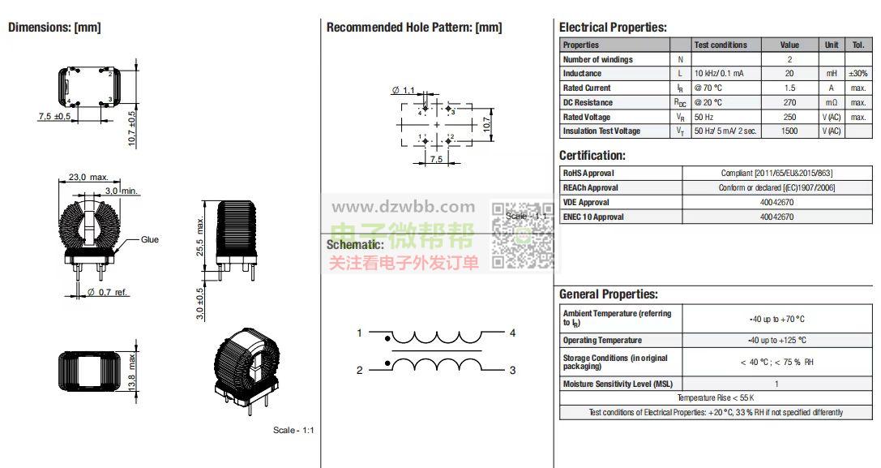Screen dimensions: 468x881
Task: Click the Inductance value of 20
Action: click(789, 74)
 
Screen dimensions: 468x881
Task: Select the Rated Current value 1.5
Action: click(789, 88)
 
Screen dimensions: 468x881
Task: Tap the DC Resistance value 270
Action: click(789, 103)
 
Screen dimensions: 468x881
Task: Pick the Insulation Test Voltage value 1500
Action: click(789, 131)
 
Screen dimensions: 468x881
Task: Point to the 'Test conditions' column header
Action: click(721, 45)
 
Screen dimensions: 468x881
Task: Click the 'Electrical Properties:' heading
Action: click(613, 28)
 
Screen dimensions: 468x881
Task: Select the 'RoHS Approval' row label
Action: click(588, 174)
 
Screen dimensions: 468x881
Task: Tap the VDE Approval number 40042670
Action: click(776, 203)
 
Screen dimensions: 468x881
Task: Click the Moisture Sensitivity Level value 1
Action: click(776, 384)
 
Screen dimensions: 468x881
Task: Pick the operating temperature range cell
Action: click(776, 341)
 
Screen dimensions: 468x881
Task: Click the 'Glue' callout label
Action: click(150, 240)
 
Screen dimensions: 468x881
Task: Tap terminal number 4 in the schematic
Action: click(512, 333)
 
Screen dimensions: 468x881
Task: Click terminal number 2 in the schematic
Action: click(359, 371)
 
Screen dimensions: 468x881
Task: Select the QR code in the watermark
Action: click(524, 234)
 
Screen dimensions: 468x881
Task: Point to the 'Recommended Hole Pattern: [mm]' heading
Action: click(413, 28)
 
